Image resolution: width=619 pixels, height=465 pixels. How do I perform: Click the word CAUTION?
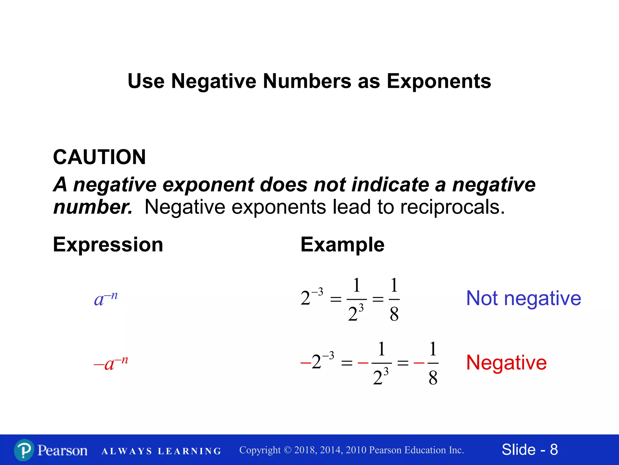click(99, 157)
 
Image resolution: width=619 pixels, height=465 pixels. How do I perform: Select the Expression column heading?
click(108, 245)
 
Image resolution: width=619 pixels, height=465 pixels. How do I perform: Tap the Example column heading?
click(342, 245)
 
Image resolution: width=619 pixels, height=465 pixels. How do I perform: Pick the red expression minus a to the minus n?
click(111, 363)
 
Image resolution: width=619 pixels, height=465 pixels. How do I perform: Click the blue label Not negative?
click(523, 298)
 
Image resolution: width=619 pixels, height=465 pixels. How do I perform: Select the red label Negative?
click(506, 362)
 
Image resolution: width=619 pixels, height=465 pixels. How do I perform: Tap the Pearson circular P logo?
click(24, 450)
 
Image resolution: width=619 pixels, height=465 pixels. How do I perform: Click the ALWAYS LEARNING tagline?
click(161, 451)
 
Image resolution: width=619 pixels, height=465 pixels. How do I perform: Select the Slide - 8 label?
click(530, 450)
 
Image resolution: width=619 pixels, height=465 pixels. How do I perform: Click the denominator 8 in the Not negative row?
click(394, 314)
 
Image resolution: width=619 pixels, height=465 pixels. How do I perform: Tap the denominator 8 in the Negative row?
click(433, 378)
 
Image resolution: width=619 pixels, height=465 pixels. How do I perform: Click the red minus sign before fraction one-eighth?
click(419, 362)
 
